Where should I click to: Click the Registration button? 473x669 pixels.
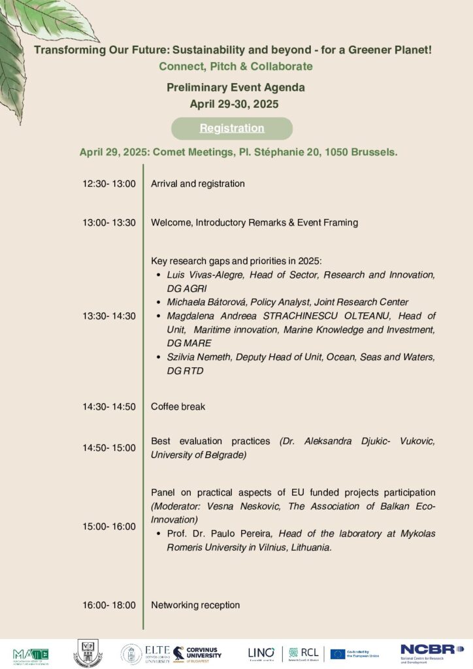pyautogui.click(x=232, y=128)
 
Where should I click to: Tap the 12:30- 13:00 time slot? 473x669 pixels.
pyautogui.click(x=109, y=184)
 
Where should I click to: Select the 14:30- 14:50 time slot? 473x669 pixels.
pyautogui.click(x=109, y=406)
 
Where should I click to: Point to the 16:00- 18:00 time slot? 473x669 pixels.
pyautogui.click(x=109, y=605)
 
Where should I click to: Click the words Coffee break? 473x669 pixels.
pyautogui.click(x=178, y=406)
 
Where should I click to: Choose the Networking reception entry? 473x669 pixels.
pyautogui.click(x=195, y=605)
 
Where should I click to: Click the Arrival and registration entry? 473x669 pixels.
pyautogui.click(x=197, y=184)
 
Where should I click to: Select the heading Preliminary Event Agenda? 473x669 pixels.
pyautogui.click(x=236, y=87)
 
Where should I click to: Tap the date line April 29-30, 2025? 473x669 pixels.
pyautogui.click(x=236, y=103)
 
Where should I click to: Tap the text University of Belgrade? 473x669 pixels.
pyautogui.click(x=198, y=455)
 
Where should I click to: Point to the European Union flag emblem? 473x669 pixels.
pyautogui.click(x=338, y=653)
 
